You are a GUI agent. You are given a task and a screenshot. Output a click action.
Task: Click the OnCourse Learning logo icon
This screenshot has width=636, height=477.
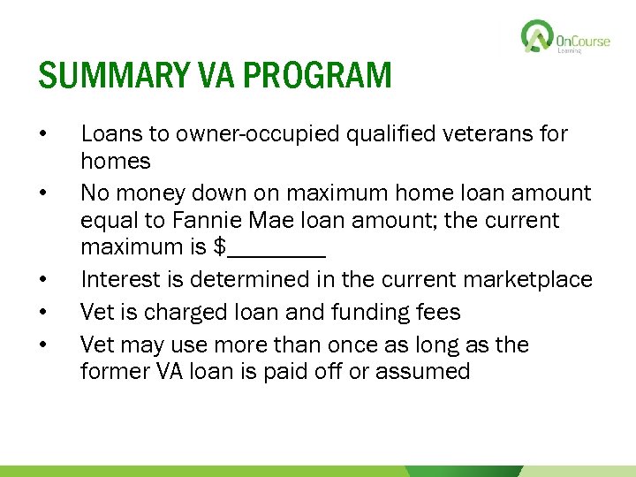pos(536,37)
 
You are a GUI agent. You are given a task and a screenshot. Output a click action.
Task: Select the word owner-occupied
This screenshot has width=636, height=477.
pos(217,134)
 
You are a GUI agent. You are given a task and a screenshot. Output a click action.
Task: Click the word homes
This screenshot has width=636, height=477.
pos(116,161)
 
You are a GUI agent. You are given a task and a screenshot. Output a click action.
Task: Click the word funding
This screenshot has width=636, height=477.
pos(331,312)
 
